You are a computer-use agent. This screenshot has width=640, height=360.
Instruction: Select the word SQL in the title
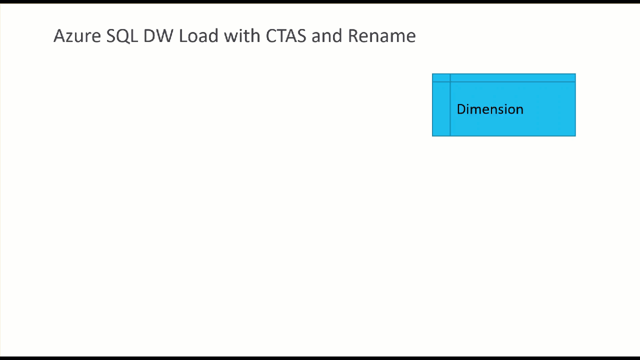(x=122, y=36)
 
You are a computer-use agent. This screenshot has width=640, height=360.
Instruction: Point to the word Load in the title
(x=198, y=36)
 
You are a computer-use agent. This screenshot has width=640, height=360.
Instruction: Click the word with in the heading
(x=242, y=36)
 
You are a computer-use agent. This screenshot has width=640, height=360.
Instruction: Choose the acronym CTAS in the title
(x=285, y=36)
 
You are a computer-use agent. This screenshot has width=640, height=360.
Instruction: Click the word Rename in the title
(x=381, y=36)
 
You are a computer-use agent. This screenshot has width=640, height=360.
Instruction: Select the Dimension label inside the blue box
(x=490, y=109)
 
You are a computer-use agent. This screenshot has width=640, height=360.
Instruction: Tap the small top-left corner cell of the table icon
(x=441, y=77)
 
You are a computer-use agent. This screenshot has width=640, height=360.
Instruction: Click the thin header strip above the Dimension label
(x=512, y=77)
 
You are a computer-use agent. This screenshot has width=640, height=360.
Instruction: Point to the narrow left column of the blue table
(x=441, y=108)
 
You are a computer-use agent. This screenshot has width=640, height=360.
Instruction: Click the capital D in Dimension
(x=461, y=109)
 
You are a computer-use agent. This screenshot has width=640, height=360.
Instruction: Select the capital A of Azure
(x=58, y=36)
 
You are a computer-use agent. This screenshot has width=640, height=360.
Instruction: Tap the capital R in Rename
(x=352, y=36)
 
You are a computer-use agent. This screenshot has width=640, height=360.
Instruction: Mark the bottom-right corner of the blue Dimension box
(x=575, y=135)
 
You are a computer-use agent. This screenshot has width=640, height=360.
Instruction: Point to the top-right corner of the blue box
(x=575, y=74)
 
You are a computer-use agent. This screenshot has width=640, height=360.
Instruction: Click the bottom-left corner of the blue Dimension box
(x=432, y=135)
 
